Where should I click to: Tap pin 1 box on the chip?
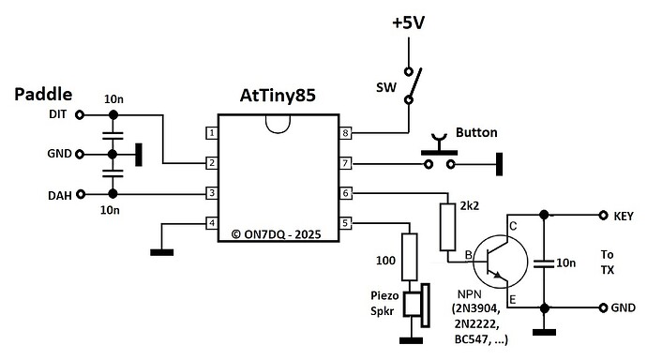coord(213,133)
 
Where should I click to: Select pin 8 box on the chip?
coord(345,133)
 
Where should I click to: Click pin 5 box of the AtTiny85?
coord(345,223)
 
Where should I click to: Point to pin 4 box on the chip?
coord(213,223)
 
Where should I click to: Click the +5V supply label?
coord(408,22)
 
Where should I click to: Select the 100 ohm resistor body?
coord(409,257)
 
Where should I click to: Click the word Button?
coord(476,132)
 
